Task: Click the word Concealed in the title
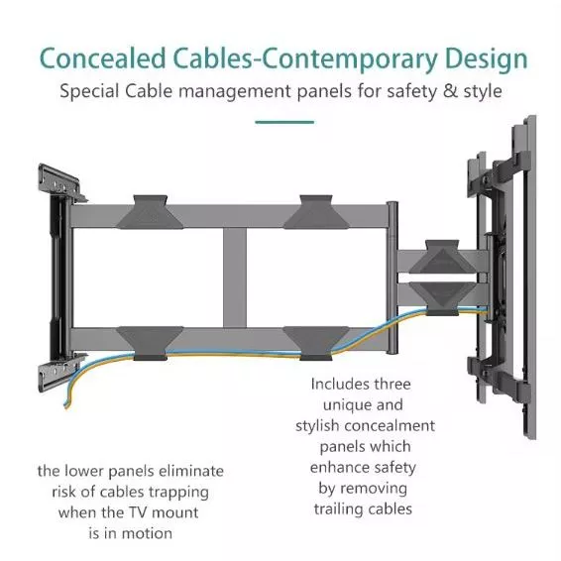click(103, 58)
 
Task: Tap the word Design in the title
click(487, 60)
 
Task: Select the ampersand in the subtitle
click(450, 91)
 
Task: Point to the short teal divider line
click(284, 122)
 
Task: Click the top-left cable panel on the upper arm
click(150, 212)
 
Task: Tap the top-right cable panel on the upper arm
click(316, 212)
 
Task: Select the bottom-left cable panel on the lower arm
click(151, 343)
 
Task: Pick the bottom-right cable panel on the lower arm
click(316, 343)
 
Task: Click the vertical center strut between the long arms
click(235, 278)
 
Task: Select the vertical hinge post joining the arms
click(393, 278)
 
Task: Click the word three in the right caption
click(393, 385)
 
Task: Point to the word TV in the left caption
click(138, 513)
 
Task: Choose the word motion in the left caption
click(147, 534)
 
